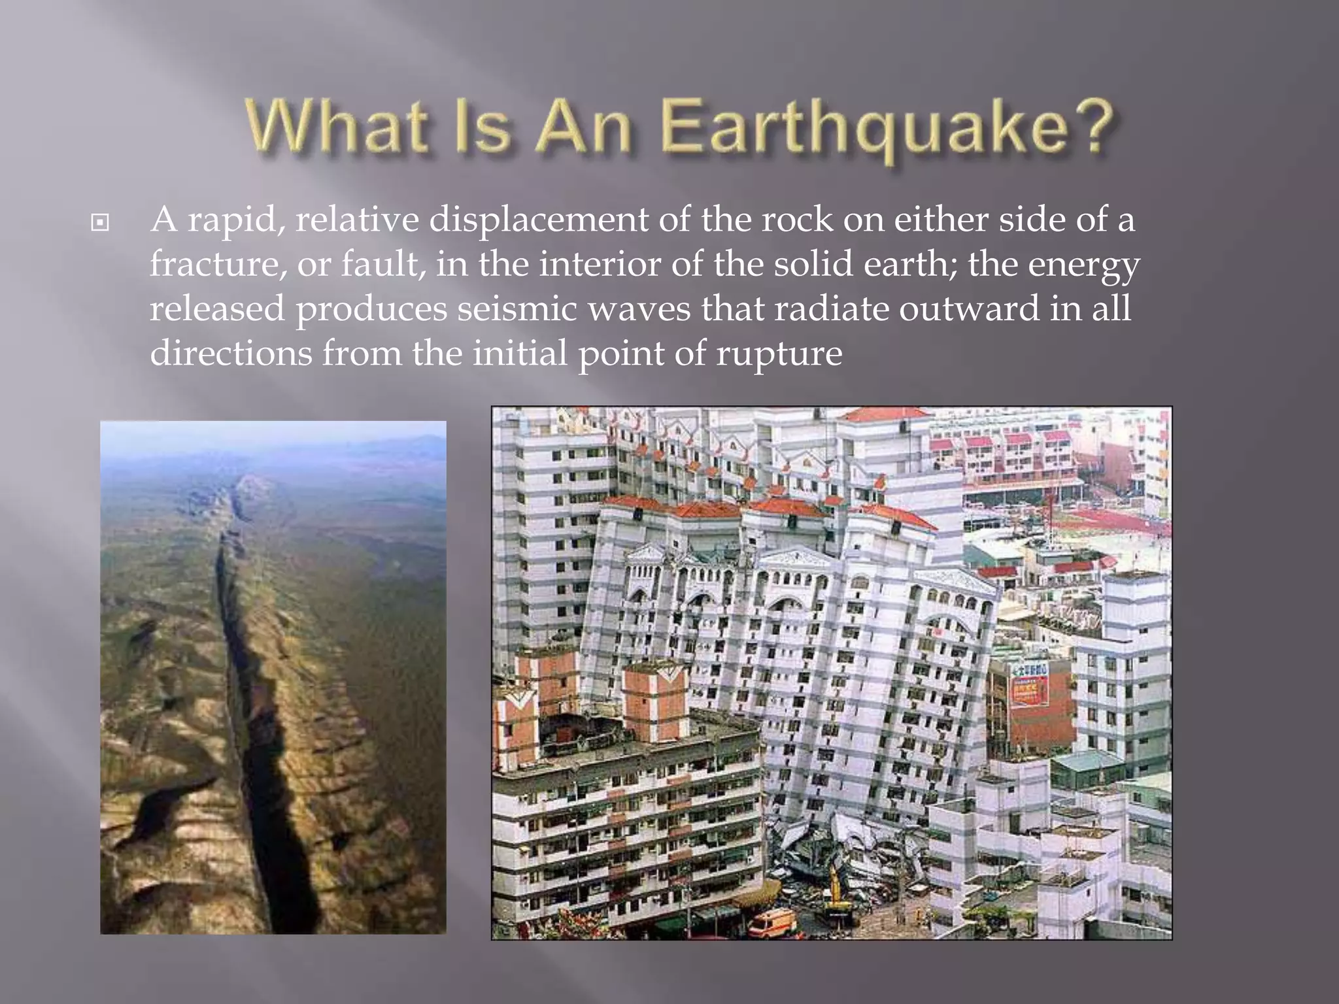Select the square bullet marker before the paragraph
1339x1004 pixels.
click(99, 224)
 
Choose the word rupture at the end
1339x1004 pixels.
click(779, 354)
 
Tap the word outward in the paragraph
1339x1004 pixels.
click(968, 309)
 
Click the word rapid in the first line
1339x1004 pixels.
click(236, 220)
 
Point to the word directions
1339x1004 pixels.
click(231, 353)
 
